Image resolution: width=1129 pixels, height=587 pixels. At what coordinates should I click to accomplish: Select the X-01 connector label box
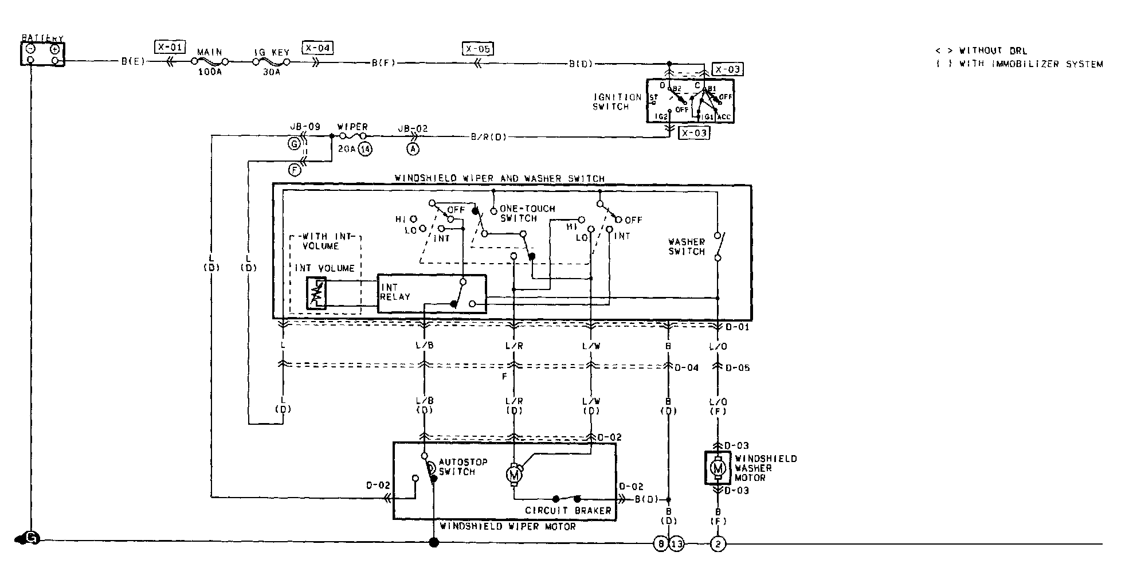pos(170,47)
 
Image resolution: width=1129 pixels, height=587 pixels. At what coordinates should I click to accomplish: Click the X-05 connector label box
pos(477,49)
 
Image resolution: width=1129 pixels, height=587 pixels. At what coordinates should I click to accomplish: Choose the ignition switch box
pos(690,100)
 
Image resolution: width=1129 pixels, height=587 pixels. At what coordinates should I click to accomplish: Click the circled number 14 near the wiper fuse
pos(366,149)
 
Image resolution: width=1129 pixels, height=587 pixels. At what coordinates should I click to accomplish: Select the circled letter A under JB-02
pos(412,149)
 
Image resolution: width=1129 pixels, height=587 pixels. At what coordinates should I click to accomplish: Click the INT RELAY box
pos(431,293)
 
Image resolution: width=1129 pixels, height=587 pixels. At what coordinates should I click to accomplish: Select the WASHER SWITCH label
pos(687,246)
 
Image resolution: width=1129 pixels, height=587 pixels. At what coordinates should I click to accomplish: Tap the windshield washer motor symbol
pos(718,468)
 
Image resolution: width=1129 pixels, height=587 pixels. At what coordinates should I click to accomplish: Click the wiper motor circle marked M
pos(513,473)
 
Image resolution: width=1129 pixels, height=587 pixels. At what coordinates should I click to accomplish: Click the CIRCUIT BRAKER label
pos(568,510)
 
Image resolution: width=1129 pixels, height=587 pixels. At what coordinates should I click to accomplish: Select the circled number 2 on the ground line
pos(718,543)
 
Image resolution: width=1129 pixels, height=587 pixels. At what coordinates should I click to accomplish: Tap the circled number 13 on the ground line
pos(677,543)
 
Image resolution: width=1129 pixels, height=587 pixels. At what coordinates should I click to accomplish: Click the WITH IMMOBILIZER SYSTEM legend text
pos(1031,64)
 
